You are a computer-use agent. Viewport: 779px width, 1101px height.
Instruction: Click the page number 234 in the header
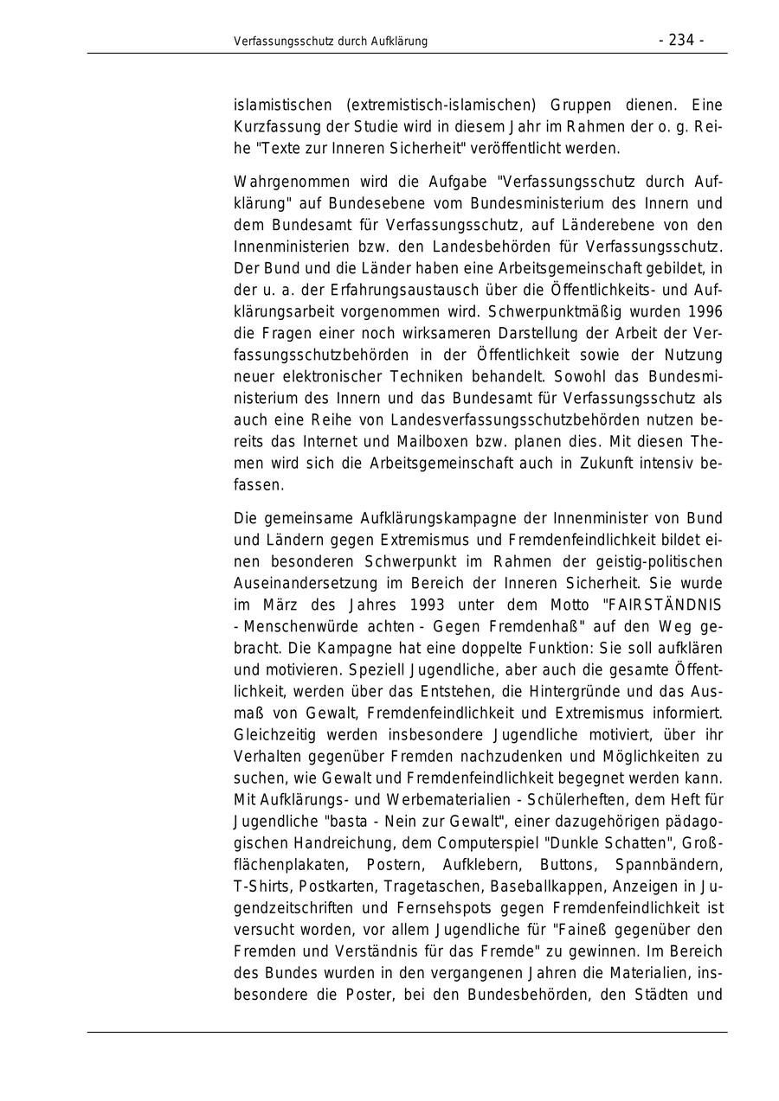(x=681, y=41)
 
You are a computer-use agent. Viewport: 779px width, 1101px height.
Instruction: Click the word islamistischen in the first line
(x=282, y=106)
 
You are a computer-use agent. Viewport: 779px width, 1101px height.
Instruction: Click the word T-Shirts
(x=262, y=887)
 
